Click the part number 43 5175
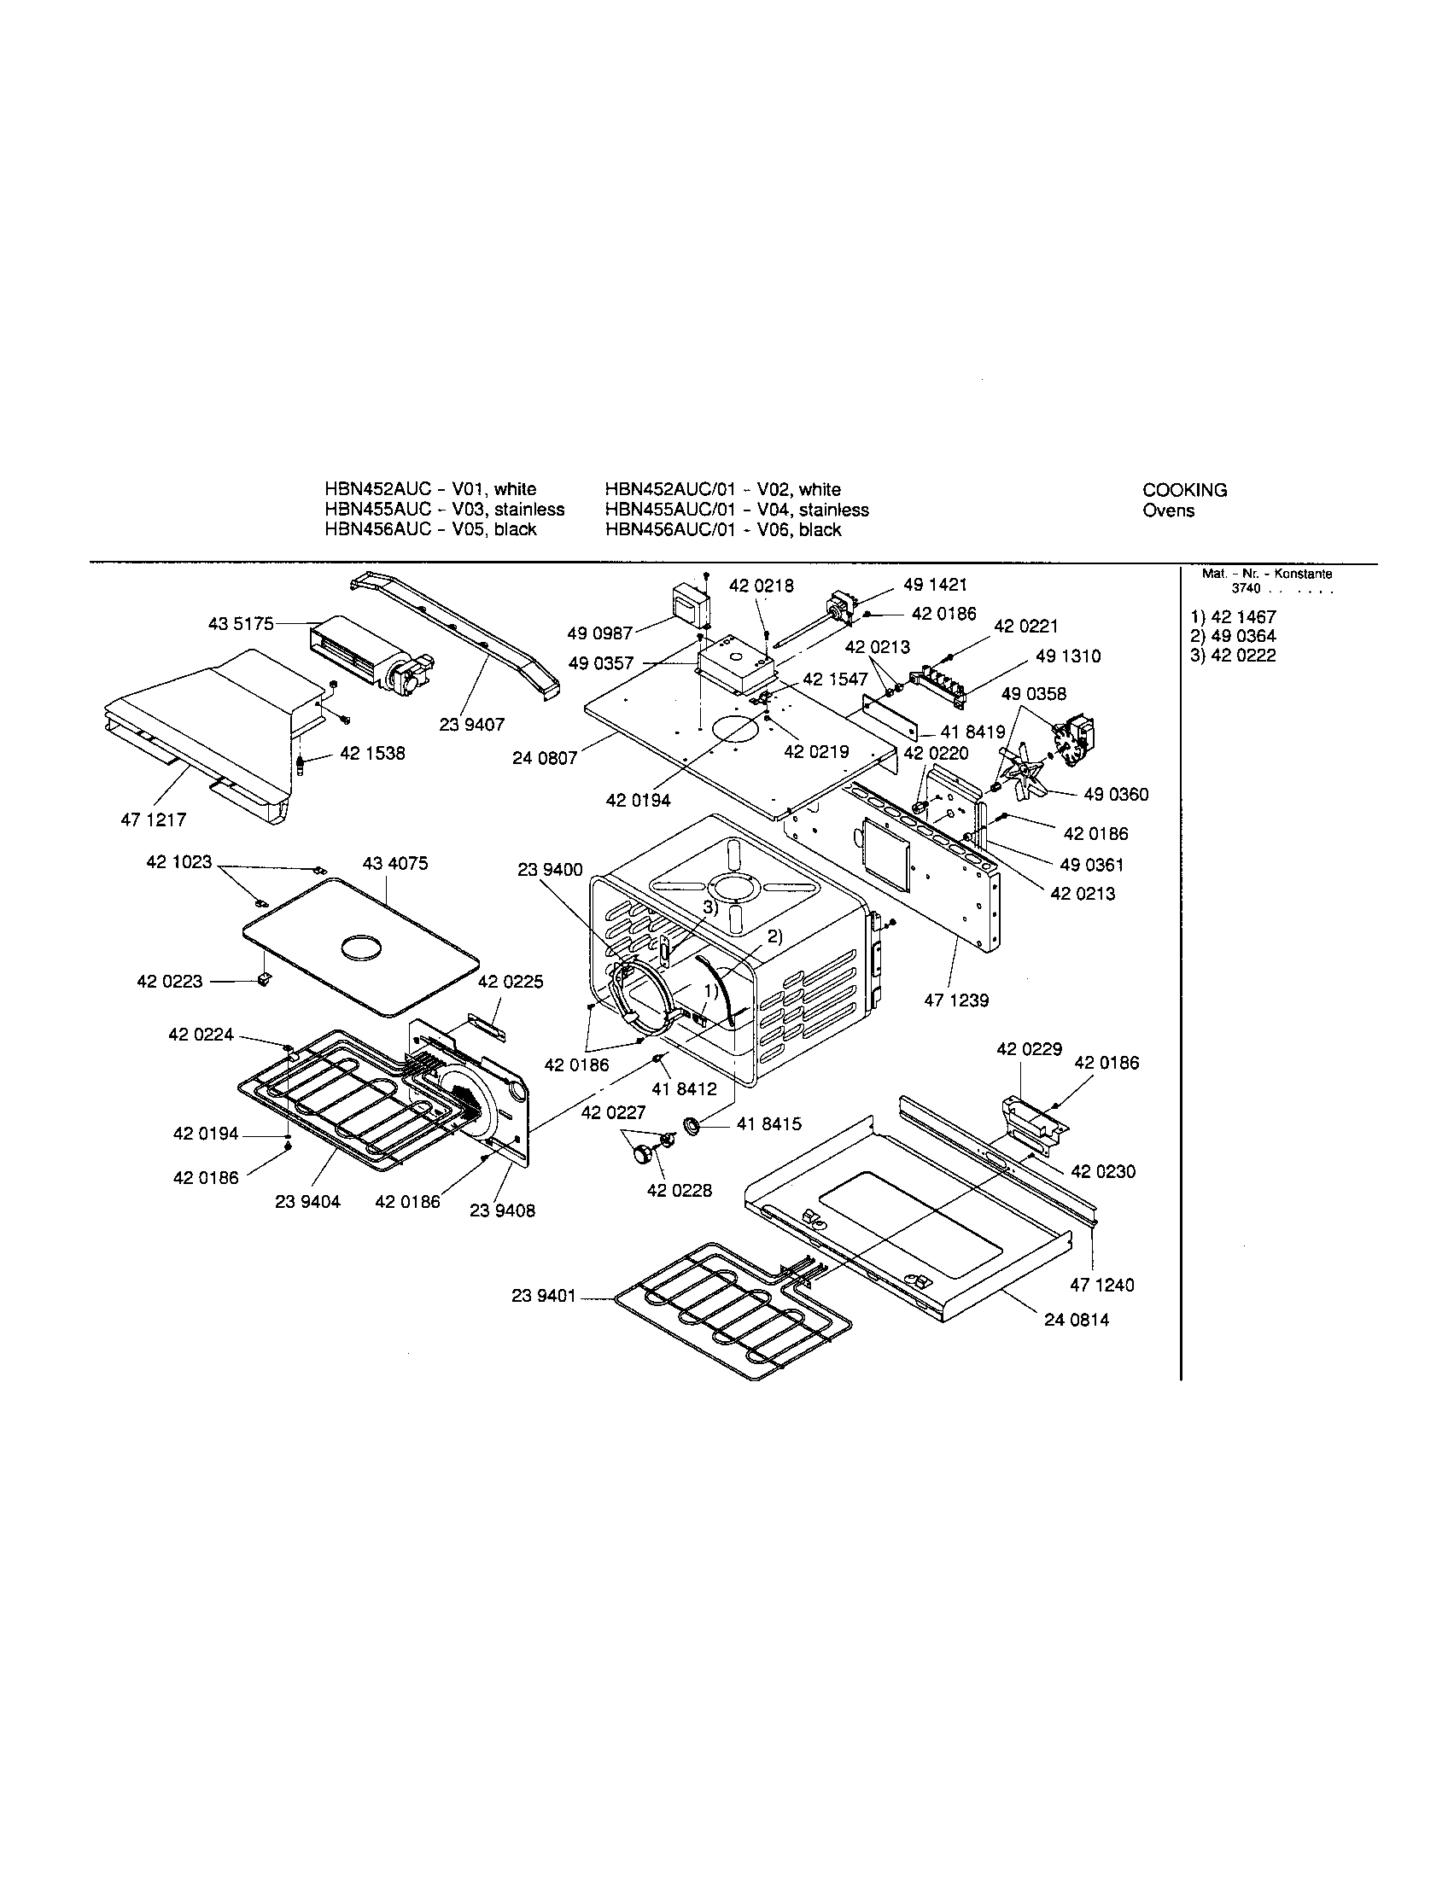(241, 623)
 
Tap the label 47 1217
(153, 819)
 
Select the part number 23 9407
(472, 725)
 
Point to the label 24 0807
(545, 759)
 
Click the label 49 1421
(935, 585)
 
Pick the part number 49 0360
(1115, 794)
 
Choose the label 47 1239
(956, 1000)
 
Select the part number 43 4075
(394, 862)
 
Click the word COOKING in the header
(1184, 490)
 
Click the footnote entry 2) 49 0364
(1233, 636)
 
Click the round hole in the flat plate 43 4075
(360, 948)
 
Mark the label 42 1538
(371, 753)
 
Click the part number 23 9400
(550, 870)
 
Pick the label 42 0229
(1029, 1049)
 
